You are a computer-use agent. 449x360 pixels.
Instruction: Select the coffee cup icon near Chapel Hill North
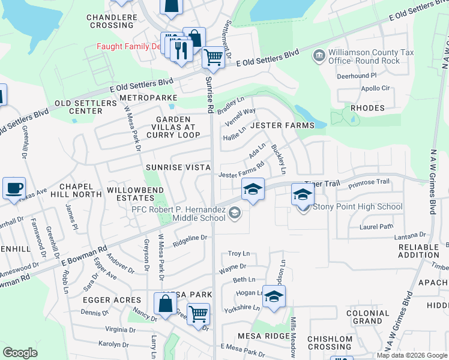click(14, 189)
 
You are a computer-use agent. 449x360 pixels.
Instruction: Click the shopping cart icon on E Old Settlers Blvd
click(213, 58)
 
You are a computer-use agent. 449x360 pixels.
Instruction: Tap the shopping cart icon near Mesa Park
click(197, 313)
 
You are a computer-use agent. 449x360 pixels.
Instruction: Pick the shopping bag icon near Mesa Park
click(165, 304)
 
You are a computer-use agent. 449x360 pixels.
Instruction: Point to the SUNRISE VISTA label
click(178, 167)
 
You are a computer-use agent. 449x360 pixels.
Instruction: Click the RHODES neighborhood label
click(366, 108)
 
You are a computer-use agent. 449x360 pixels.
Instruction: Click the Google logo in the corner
click(20, 353)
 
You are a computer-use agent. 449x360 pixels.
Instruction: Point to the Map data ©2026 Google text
click(412, 355)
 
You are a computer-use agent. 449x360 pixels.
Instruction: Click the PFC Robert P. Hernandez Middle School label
click(179, 214)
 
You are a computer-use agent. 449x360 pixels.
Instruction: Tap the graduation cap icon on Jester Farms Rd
click(253, 189)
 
